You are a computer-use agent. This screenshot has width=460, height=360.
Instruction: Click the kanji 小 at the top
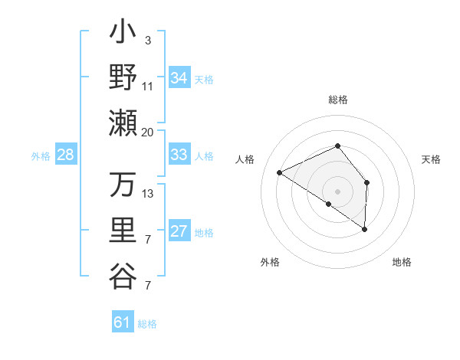click(x=123, y=34)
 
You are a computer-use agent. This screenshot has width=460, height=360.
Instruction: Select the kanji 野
click(x=123, y=77)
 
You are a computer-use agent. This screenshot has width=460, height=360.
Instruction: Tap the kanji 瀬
click(x=123, y=123)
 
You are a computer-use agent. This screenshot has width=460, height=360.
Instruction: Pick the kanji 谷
click(x=123, y=277)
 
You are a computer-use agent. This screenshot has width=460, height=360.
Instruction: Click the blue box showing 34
click(x=179, y=78)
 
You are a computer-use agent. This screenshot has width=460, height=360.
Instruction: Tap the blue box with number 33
click(x=179, y=155)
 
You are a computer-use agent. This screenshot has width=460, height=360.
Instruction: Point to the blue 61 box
click(x=122, y=322)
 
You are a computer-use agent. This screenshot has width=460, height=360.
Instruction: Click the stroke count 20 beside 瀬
click(x=147, y=132)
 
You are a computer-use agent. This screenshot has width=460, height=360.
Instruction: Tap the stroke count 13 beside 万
click(x=148, y=194)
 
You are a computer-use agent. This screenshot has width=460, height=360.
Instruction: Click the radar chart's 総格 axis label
click(x=337, y=100)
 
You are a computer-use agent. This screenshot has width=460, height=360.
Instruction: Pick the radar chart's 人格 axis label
click(x=245, y=159)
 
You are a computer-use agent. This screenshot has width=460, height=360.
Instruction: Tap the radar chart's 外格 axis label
click(x=270, y=262)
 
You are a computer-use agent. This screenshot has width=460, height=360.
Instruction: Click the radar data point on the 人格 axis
click(x=280, y=173)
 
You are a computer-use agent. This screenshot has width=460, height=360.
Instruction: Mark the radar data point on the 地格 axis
click(x=364, y=229)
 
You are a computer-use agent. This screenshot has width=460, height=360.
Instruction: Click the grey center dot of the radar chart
click(x=337, y=191)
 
